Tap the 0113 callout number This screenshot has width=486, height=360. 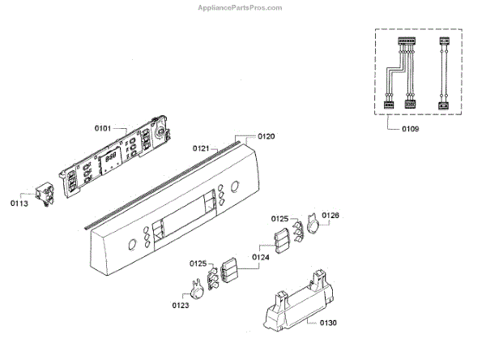point(20,204)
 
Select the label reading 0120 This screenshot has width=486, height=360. point(266,136)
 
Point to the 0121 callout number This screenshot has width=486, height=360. point(202,148)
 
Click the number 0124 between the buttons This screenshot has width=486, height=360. point(261,258)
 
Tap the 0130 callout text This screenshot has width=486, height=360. point(327,323)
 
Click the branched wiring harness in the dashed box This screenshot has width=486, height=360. point(400,73)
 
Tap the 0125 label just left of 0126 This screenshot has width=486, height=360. point(280,219)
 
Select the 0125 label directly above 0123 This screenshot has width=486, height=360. point(199,264)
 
